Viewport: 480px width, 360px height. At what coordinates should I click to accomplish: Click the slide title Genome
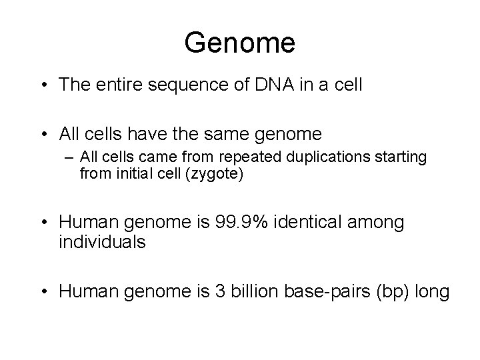(240, 43)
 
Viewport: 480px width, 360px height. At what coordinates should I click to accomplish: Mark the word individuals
(102, 242)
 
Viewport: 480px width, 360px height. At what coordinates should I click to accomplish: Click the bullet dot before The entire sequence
(44, 85)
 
